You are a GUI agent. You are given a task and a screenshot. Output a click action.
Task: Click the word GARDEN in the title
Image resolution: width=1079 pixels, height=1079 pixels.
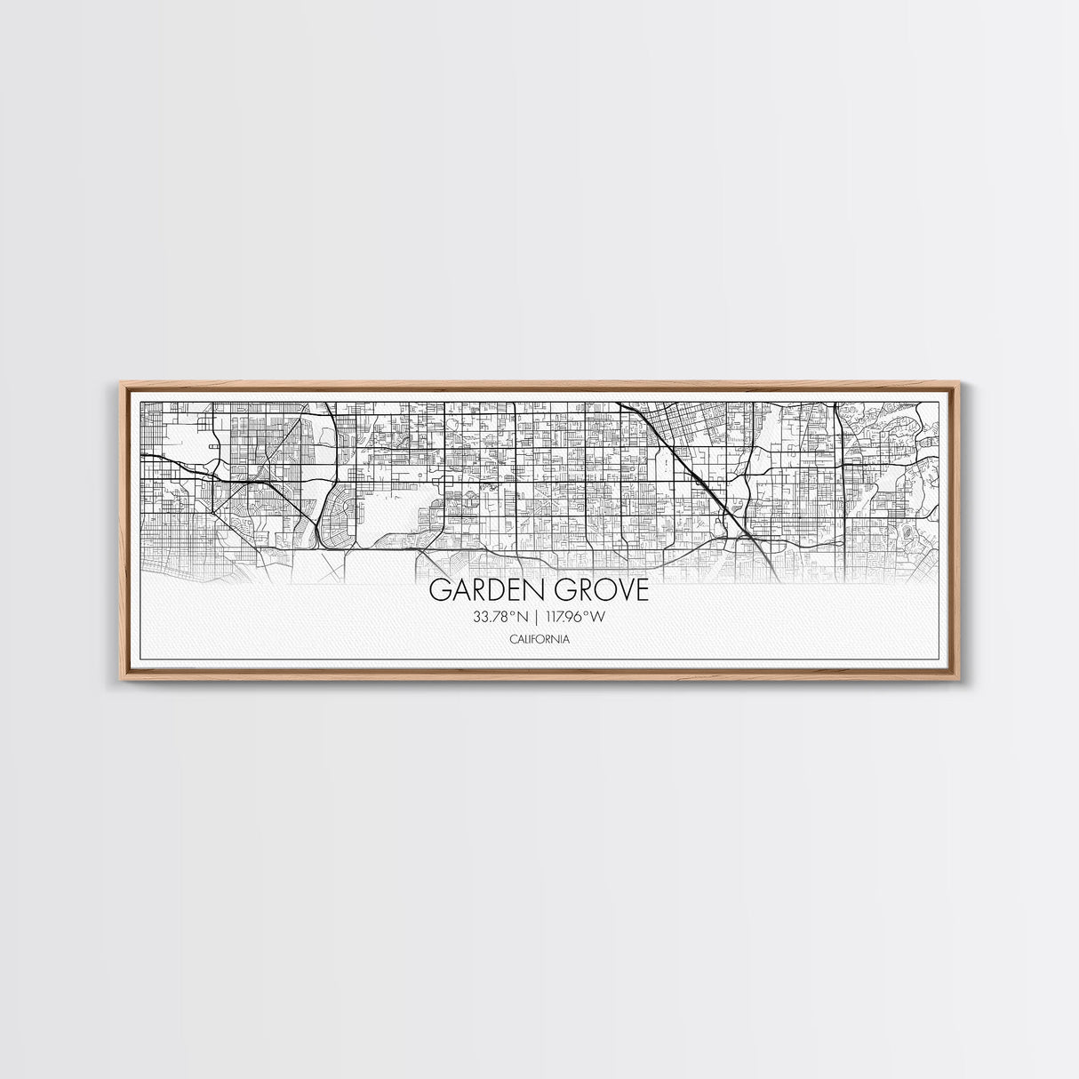coord(481,590)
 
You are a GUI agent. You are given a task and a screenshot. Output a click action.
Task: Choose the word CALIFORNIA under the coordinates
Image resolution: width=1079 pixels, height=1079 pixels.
coord(539,639)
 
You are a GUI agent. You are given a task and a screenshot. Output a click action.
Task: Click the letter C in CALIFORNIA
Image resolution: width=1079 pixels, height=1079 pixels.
coord(512,639)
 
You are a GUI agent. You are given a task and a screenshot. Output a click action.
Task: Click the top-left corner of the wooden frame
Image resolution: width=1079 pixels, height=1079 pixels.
coord(120,381)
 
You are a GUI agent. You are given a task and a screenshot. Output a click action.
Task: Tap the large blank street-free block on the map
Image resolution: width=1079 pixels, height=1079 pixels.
coord(388,516)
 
